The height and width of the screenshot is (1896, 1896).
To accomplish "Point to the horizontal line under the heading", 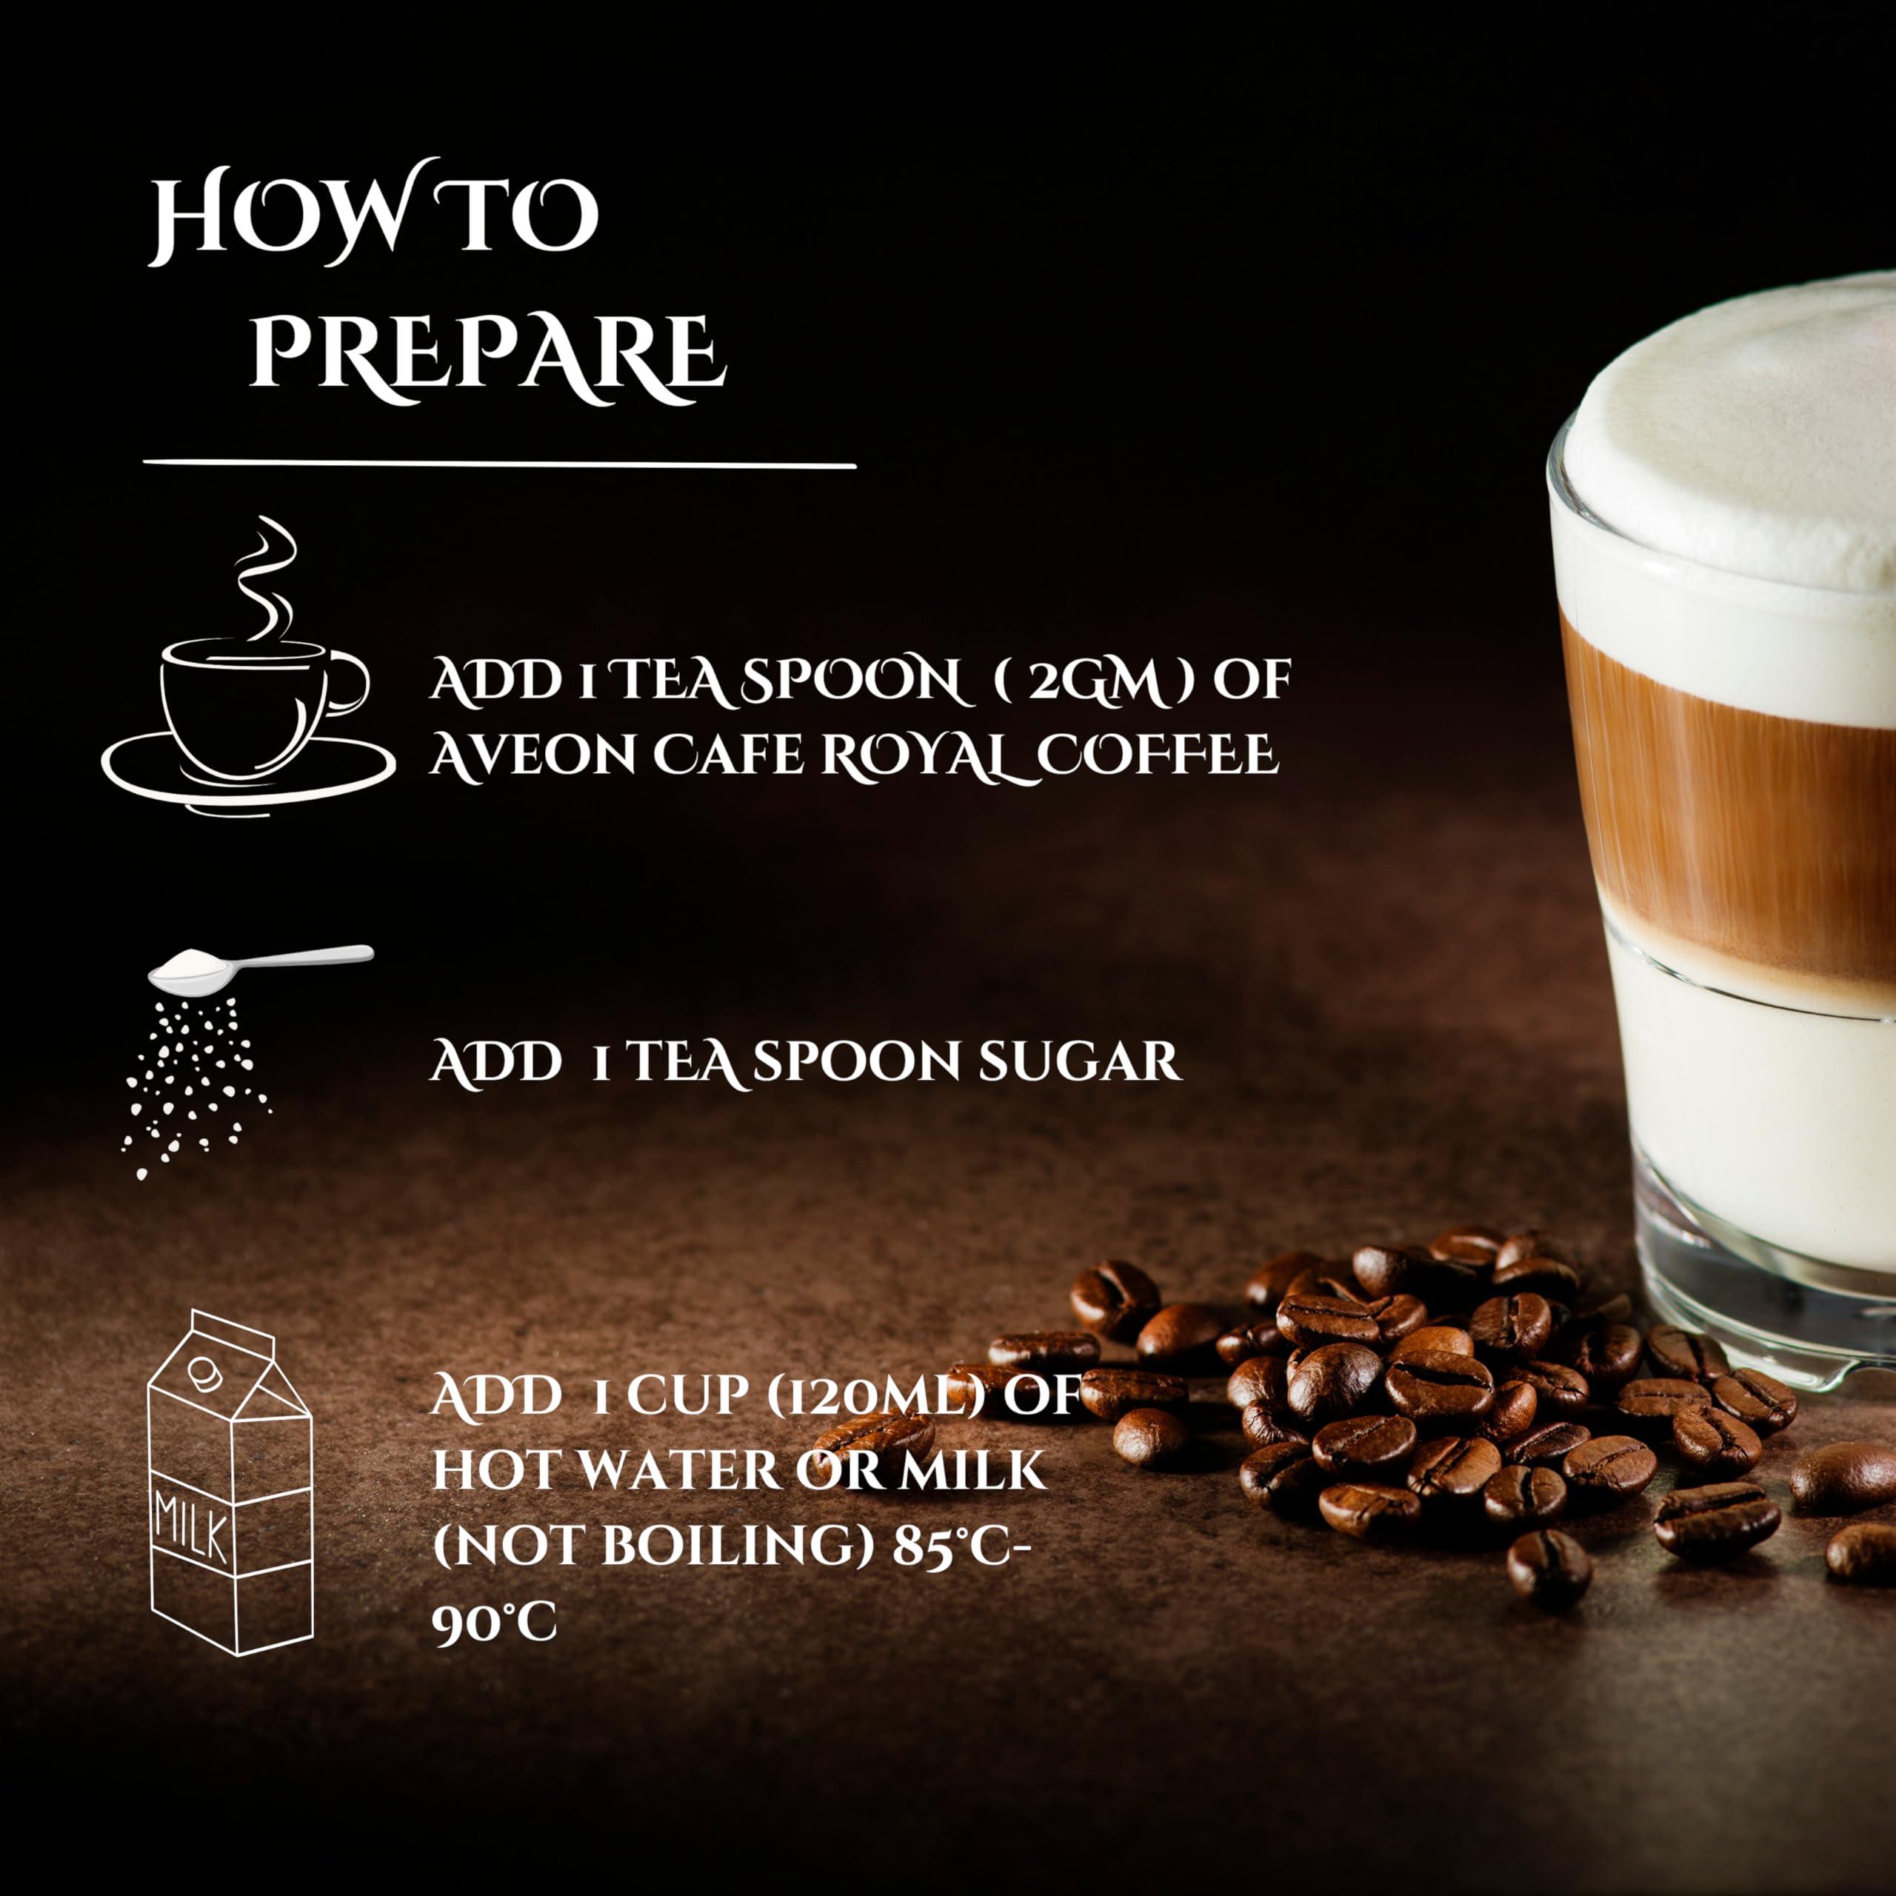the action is coord(499,462).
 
